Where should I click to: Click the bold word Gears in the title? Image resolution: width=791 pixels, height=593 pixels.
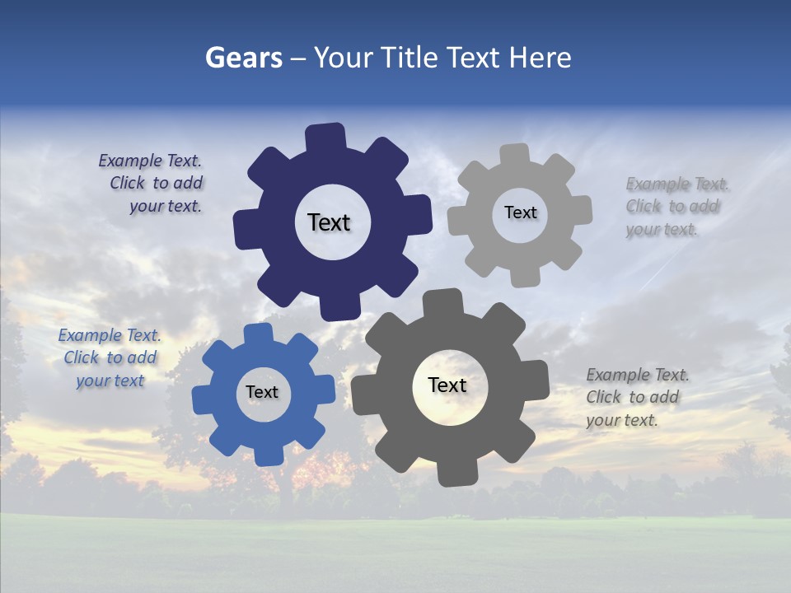pyautogui.click(x=243, y=58)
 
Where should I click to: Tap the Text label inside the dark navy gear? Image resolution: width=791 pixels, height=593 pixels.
pyautogui.click(x=329, y=222)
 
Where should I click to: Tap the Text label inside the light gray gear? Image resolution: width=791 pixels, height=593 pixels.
pyautogui.click(x=520, y=212)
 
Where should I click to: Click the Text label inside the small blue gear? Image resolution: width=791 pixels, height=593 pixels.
pyautogui.click(x=262, y=392)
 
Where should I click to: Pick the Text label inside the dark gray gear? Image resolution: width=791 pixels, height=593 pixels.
pyautogui.click(x=447, y=385)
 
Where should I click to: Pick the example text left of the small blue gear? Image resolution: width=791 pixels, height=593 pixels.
pyautogui.click(x=110, y=357)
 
